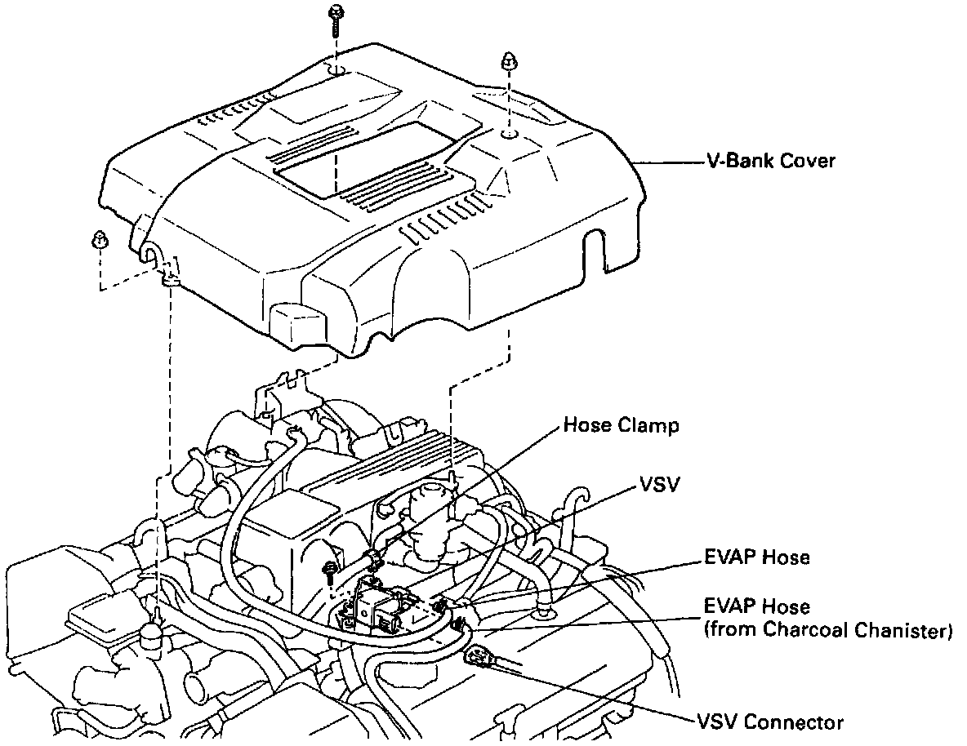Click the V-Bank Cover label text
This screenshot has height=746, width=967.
771,161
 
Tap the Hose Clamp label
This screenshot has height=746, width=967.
621,425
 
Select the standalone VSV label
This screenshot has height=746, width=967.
659,485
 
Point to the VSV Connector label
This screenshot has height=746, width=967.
769,722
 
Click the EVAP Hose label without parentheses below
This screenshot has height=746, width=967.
757,557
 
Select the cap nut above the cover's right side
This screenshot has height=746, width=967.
509,61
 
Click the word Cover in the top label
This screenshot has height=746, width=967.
807,161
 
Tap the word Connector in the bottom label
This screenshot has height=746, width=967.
794,722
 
